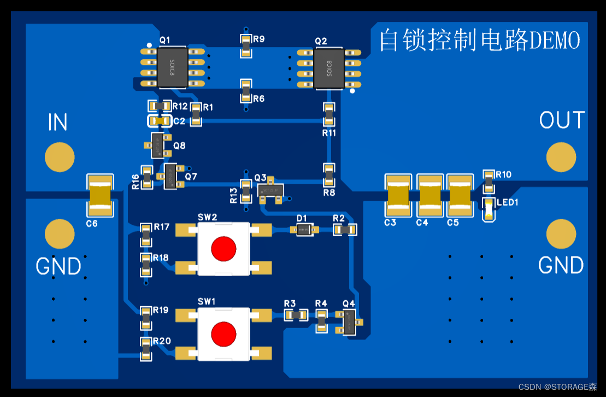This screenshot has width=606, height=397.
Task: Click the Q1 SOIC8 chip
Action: [173, 68]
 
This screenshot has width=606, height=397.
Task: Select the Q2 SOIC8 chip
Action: [329, 69]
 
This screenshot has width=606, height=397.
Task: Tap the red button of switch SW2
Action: [223, 248]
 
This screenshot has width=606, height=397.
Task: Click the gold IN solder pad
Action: [59, 157]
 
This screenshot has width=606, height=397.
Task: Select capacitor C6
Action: [100, 196]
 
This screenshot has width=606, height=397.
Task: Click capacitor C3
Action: [398, 196]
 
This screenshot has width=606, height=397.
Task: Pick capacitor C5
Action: [460, 196]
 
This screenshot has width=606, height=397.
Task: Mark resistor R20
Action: [146, 349]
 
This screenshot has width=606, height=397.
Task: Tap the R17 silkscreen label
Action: [162, 226]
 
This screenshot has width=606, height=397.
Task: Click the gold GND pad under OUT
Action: [561, 234]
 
